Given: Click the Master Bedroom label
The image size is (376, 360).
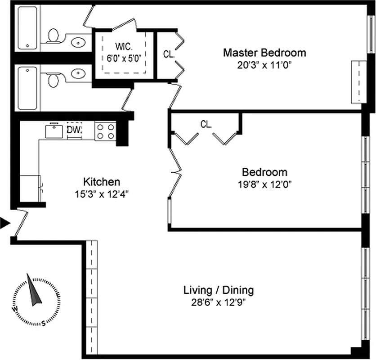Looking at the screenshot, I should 264,53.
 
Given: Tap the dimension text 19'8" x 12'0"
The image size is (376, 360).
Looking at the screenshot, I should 264,184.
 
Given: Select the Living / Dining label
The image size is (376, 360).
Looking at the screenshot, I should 219,290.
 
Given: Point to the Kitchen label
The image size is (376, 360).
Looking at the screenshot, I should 102,182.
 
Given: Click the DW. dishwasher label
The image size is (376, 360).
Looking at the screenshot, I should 74,130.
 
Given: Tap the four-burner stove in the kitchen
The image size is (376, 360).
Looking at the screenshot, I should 105,131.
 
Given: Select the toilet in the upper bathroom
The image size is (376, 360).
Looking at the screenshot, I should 54,35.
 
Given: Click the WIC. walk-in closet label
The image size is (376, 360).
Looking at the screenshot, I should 123,47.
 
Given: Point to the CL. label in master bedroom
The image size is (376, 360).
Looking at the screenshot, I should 169,54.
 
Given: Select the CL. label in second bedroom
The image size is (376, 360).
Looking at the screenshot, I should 206,125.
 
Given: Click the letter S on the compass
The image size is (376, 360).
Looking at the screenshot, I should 43,322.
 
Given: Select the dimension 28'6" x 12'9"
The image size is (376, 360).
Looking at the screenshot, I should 219,302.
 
